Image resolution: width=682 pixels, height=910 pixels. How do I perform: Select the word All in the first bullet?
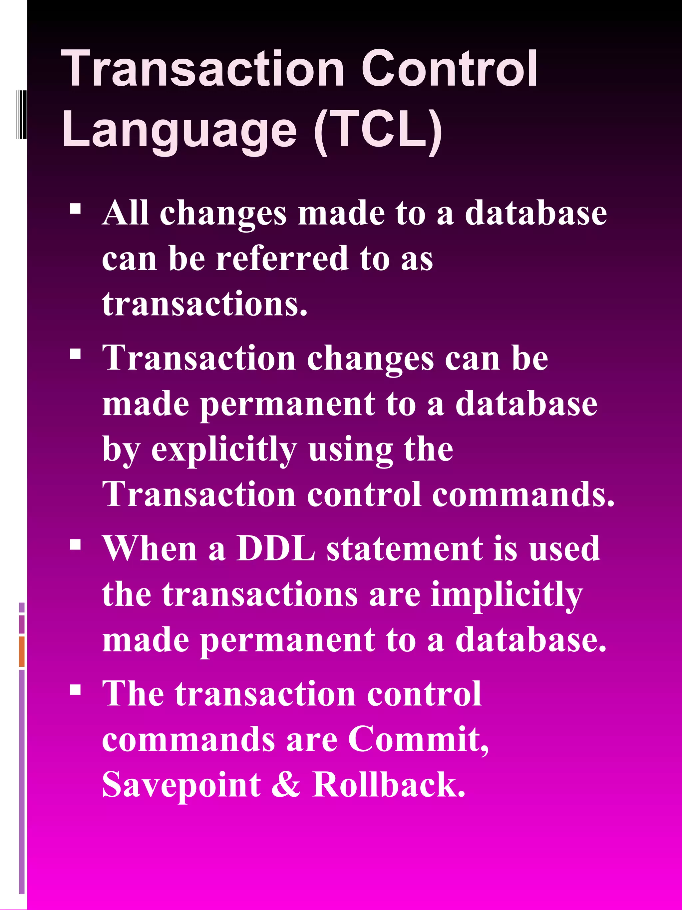[126, 213]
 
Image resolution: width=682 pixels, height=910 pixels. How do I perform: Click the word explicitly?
[224, 450]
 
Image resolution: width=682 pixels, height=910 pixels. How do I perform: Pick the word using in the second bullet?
[351, 450]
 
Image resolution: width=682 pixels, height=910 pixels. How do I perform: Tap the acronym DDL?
[276, 548]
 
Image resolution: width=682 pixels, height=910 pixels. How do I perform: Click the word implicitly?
[507, 595]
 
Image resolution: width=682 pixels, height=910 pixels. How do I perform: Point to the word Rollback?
[389, 784]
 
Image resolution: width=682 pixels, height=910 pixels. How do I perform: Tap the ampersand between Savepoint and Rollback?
[286, 784]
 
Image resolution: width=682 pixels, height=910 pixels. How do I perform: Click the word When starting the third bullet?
[150, 548]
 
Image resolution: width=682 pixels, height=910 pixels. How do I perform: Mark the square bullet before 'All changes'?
[75, 209]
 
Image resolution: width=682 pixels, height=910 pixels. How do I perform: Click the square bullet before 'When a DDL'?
[75, 545]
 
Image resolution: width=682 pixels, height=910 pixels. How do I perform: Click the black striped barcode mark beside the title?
[21, 114]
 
